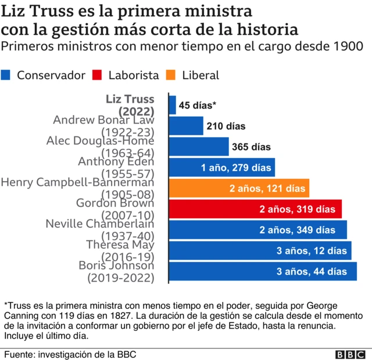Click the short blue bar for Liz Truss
(x=172, y=105)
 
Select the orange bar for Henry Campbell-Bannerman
(x=239, y=188)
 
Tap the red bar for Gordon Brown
(x=255, y=209)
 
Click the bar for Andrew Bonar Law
(x=185, y=126)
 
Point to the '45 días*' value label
(x=198, y=105)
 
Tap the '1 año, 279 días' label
(x=236, y=168)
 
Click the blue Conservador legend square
(x=6, y=75)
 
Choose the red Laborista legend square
(x=97, y=75)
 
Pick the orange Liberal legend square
(x=171, y=75)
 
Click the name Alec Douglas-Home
(x=100, y=141)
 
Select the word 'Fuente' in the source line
(x=20, y=354)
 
